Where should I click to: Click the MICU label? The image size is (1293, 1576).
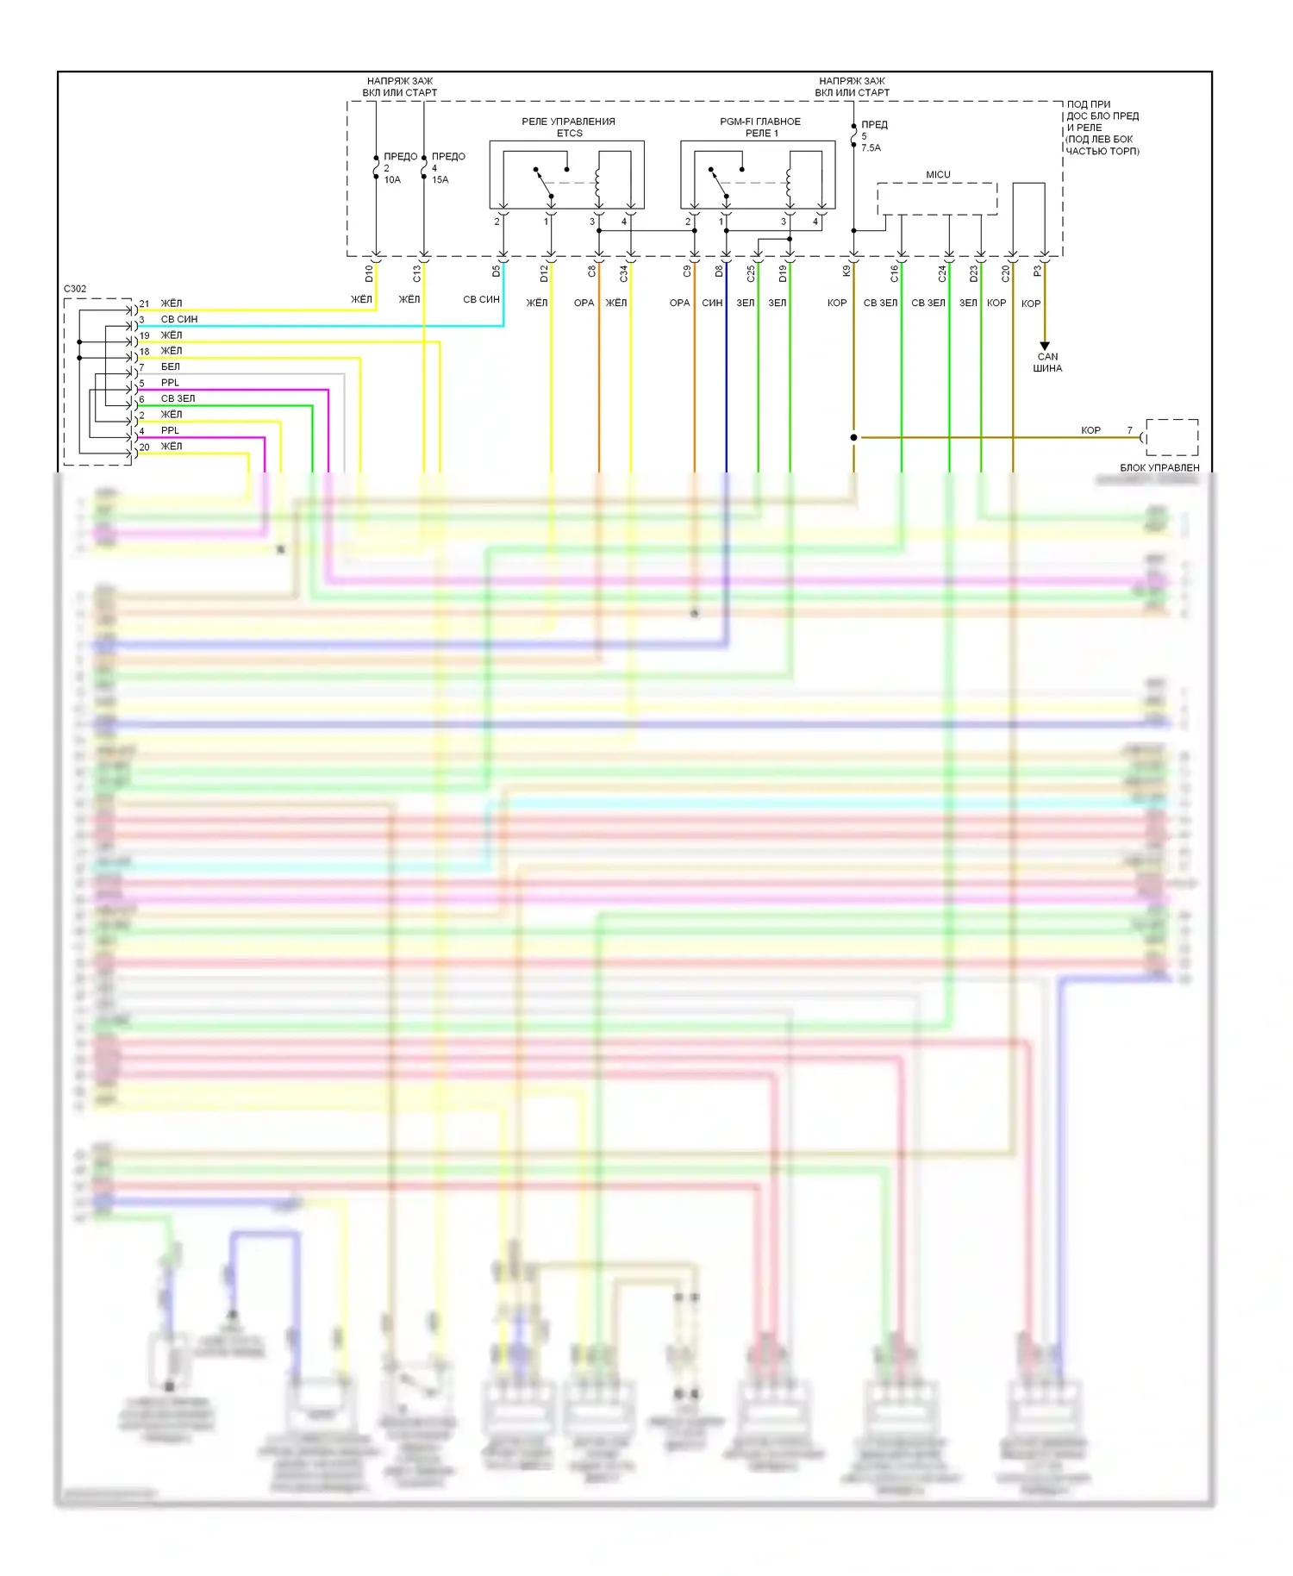(938, 175)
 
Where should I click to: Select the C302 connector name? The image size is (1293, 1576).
(75, 289)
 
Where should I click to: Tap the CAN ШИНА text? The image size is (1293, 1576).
(1047, 362)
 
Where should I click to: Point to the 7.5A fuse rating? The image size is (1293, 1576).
(871, 148)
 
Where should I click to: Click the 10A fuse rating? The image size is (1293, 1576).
(392, 180)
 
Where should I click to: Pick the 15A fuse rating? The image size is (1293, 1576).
(440, 180)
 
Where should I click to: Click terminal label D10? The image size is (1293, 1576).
(369, 273)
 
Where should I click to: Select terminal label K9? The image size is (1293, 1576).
(846, 271)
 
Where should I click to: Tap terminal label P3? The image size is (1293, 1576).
(1038, 271)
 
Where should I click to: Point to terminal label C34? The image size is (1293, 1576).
(624, 273)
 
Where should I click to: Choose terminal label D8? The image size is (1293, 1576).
(720, 272)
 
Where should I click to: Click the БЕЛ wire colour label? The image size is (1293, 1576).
(171, 367)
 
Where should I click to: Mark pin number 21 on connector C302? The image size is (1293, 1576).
(144, 303)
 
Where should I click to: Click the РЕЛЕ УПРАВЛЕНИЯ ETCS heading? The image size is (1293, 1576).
(569, 128)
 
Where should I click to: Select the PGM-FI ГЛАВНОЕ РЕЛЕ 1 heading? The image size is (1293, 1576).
(760, 128)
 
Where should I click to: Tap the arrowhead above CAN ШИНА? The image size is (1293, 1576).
(1045, 346)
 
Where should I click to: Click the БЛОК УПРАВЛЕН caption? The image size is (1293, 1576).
(1159, 467)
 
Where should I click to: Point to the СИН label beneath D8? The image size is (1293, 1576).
(712, 303)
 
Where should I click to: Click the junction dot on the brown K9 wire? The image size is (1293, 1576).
(853, 437)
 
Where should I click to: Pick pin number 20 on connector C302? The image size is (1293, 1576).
(144, 447)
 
